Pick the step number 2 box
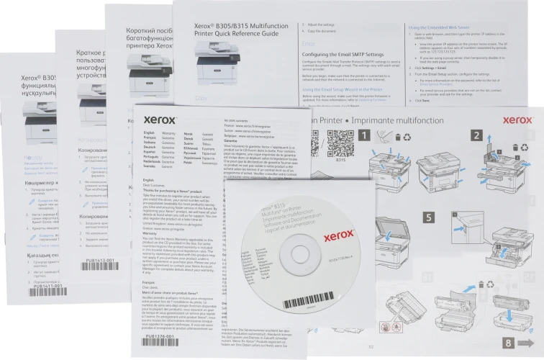coord(477,134)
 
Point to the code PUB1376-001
coord(160,336)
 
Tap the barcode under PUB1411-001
coord(29,294)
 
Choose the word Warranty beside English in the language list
coord(169,133)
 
